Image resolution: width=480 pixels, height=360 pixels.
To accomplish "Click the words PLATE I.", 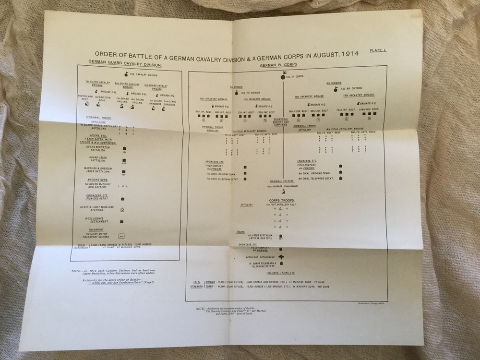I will [x=378, y=50].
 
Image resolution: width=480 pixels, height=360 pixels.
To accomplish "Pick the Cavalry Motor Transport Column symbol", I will [x=121, y=235].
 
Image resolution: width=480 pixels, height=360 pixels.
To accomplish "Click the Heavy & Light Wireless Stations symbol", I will [x=122, y=209].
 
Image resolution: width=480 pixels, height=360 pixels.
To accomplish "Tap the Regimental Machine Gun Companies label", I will [x=282, y=122].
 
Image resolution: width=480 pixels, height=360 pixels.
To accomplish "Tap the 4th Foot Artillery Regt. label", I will [x=278, y=205].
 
